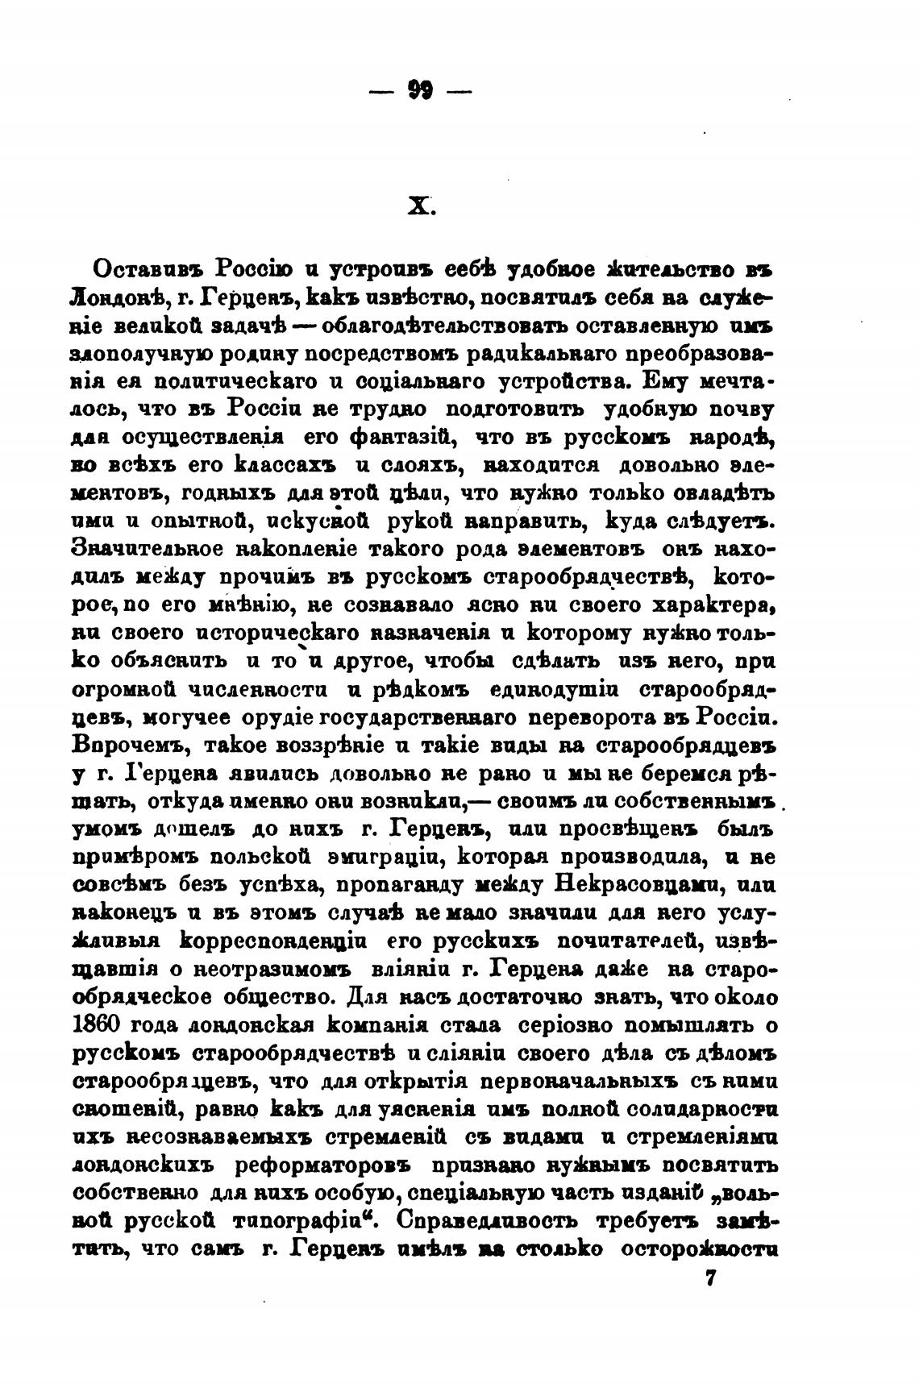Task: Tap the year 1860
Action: tap(98, 1024)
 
